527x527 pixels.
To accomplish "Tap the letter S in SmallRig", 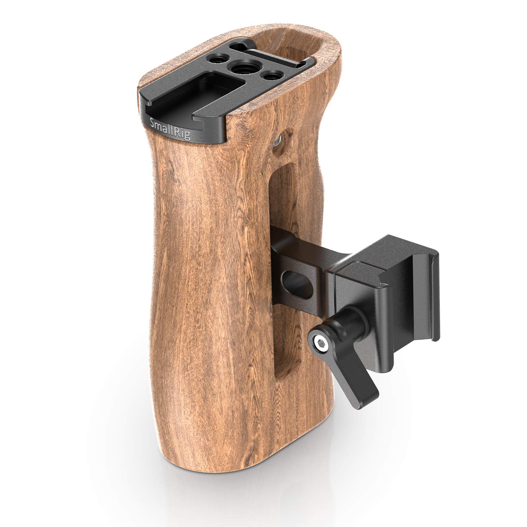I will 152,122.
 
